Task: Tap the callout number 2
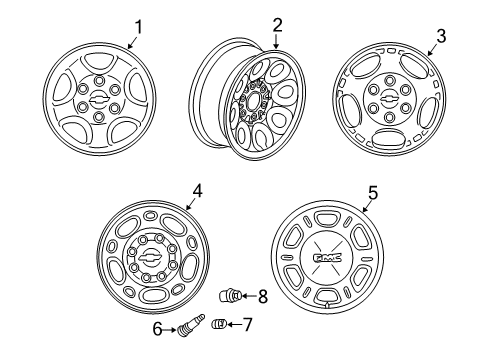tap(277, 24)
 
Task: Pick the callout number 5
tap(373, 192)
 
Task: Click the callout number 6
tap(158, 328)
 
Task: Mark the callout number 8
tap(262, 295)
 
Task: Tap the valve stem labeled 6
tap(189, 326)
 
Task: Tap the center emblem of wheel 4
tap(150, 262)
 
